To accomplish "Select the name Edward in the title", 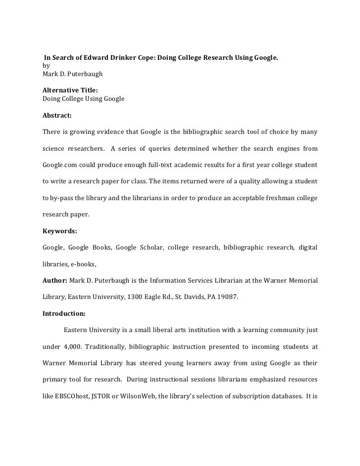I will point(92,58).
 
